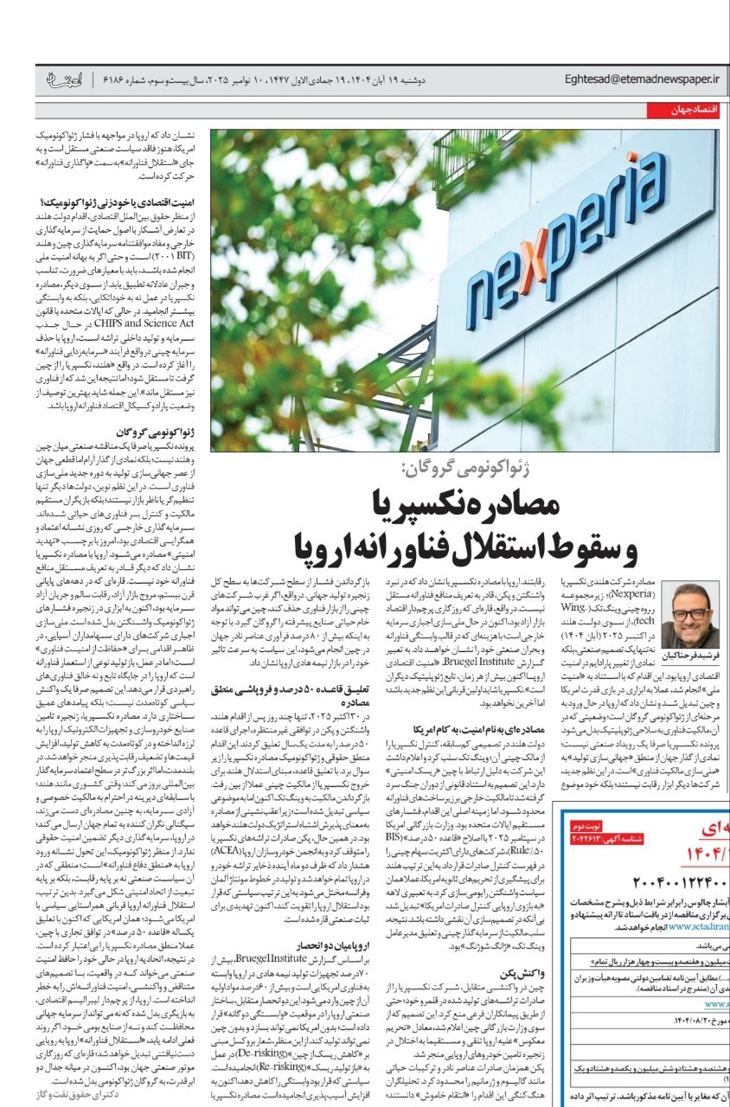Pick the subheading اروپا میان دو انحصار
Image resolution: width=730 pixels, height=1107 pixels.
tap(282, 947)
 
